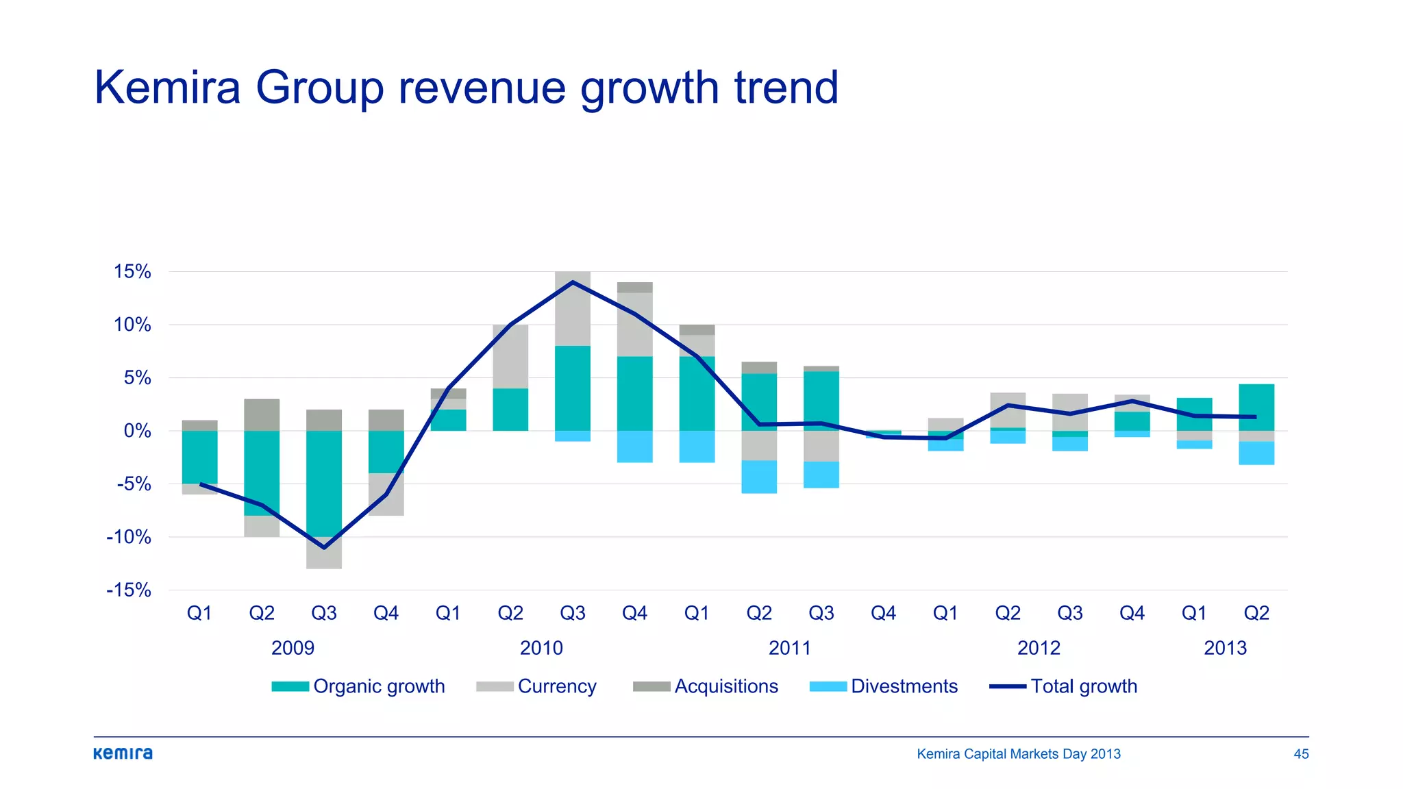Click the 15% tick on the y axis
pyautogui.click(x=132, y=272)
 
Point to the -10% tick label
pyautogui.click(x=129, y=537)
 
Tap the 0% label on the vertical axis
pyautogui.click(x=137, y=431)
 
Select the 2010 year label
pyautogui.click(x=541, y=648)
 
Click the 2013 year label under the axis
pyautogui.click(x=1225, y=648)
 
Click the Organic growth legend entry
pyautogui.click(x=358, y=686)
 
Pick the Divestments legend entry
pyautogui.click(x=883, y=686)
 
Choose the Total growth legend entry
pyautogui.click(x=1063, y=686)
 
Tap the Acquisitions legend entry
pyautogui.click(x=706, y=686)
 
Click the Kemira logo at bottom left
pyautogui.click(x=123, y=753)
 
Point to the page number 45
pyautogui.click(x=1301, y=754)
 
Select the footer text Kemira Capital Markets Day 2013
pyautogui.click(x=1018, y=754)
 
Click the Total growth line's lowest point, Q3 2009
pyautogui.click(x=324, y=547)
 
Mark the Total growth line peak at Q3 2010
pyautogui.click(x=573, y=282)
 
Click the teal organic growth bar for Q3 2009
pyautogui.click(x=324, y=483)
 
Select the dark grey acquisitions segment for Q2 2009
pyautogui.click(x=262, y=415)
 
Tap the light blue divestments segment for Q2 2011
pyautogui.click(x=759, y=477)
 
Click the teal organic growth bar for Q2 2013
pyautogui.click(x=1256, y=408)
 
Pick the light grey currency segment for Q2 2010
pyautogui.click(x=510, y=356)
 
